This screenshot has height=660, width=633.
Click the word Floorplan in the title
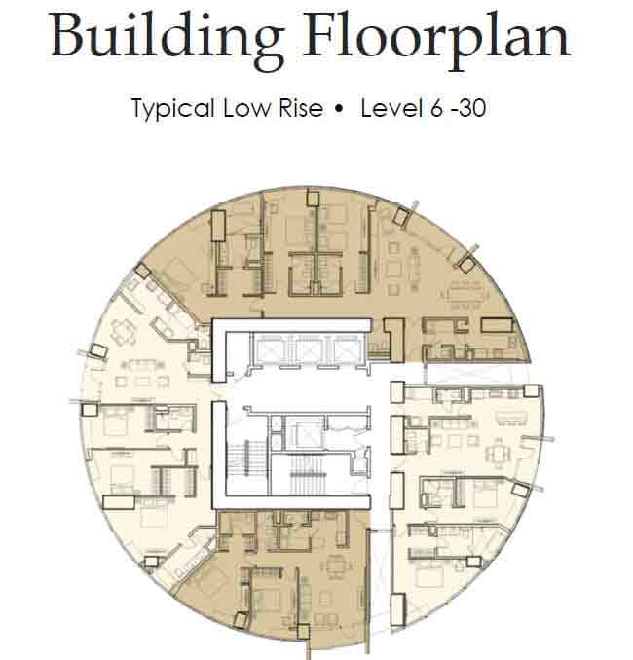[436, 39]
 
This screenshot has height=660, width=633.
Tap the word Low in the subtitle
[247, 108]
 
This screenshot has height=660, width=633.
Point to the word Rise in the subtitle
[301, 108]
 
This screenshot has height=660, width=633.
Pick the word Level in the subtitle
[391, 108]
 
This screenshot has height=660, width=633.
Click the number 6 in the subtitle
[436, 108]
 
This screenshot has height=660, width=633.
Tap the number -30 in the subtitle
[468, 108]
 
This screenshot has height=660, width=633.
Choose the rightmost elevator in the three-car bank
[348, 349]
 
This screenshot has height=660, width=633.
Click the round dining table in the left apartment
[124, 333]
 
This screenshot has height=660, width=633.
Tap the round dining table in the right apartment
[499, 454]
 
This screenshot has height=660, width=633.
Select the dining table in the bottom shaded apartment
[335, 567]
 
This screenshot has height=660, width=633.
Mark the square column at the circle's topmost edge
[313, 199]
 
